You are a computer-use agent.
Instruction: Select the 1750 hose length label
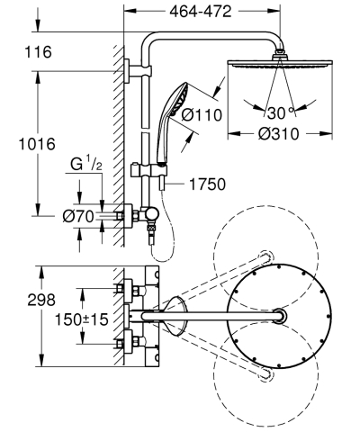pos(207,184)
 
